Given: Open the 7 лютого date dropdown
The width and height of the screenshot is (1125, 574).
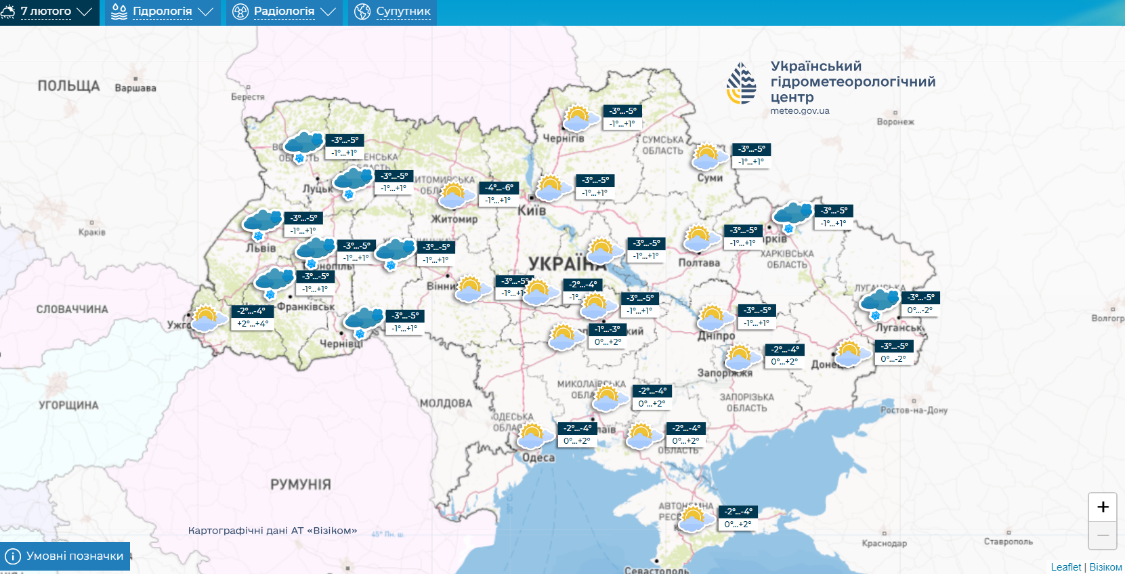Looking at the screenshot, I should [x=47, y=12].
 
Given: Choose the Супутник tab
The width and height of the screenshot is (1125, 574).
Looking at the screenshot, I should [x=393, y=12].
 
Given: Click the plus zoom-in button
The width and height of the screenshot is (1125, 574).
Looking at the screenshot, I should [x=1103, y=507].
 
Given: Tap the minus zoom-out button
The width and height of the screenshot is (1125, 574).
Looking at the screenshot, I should [x=1103, y=535].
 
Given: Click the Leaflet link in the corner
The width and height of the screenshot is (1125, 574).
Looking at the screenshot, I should [x=1066, y=567].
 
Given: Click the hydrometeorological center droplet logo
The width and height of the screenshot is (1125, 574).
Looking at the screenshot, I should [x=742, y=83].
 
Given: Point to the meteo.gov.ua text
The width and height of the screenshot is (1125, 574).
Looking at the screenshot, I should [x=800, y=111].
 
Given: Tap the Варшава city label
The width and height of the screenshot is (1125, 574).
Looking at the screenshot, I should [x=135, y=88].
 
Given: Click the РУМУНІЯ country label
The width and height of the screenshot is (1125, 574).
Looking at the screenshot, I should [x=301, y=485].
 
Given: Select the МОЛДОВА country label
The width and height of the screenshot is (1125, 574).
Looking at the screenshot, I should [x=446, y=403].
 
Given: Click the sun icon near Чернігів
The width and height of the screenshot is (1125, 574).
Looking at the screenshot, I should [x=578, y=118].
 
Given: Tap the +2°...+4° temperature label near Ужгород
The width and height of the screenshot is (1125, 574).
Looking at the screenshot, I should [x=253, y=324].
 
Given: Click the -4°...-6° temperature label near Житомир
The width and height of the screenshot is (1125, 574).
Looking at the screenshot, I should [x=499, y=188].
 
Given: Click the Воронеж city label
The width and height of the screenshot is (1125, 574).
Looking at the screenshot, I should [x=895, y=122].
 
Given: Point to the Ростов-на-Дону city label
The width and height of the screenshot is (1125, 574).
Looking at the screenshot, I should [x=914, y=411].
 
